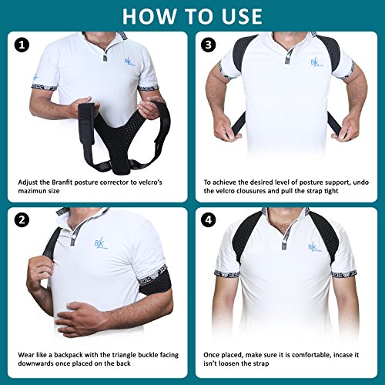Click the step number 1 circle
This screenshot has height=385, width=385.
22,45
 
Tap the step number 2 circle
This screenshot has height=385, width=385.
22,220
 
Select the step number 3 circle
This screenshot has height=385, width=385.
208,45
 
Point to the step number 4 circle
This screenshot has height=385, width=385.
208,220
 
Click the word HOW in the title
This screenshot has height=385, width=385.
149,16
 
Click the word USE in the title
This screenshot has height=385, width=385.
242,16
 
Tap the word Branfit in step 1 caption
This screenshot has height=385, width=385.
62,182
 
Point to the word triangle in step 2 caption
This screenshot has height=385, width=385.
124,355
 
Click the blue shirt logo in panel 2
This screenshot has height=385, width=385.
101,243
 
